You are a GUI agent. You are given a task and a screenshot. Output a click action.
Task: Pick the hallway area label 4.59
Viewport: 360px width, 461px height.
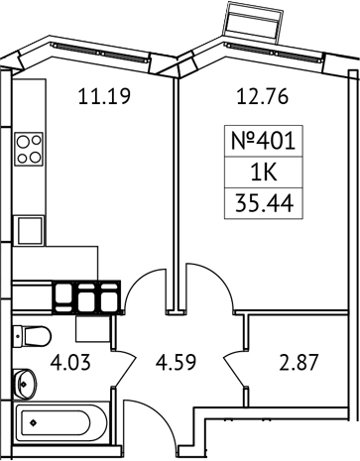click(x=175, y=362)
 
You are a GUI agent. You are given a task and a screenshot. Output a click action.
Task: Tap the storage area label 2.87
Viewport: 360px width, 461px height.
click(x=298, y=362)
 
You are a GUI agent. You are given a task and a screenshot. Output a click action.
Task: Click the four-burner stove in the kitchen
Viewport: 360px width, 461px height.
click(x=28, y=148)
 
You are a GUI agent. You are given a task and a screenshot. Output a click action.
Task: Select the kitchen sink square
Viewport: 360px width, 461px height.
click(x=29, y=230)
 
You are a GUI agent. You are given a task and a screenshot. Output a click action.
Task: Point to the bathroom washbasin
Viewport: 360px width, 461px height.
click(x=24, y=379)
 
